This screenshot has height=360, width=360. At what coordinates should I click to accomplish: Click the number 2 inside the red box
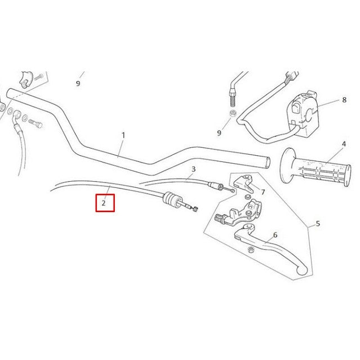[x=103, y=203]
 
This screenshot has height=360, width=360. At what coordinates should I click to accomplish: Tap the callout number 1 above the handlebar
[x=123, y=135]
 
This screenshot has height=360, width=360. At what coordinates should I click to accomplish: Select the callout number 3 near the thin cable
[x=193, y=169]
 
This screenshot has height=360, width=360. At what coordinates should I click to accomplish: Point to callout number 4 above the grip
[x=344, y=144]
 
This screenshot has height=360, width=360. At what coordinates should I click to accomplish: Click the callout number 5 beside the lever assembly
[x=318, y=223]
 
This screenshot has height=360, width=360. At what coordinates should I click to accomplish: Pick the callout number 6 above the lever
[x=275, y=235]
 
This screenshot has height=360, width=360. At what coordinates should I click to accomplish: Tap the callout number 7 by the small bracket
[x=263, y=192]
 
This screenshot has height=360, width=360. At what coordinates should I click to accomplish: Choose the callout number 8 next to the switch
[x=344, y=100]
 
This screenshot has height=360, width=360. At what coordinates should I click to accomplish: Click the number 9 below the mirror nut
[x=219, y=133]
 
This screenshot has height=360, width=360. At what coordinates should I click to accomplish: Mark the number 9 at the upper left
[x=78, y=84]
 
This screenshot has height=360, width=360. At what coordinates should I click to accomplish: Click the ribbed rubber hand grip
[x=316, y=166]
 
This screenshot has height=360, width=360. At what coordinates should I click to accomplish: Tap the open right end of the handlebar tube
[x=268, y=163]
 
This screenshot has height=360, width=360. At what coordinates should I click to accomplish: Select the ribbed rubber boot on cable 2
[x=173, y=199]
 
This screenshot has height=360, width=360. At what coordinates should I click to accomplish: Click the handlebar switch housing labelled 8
[x=303, y=114]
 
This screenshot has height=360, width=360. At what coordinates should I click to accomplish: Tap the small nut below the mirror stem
[x=233, y=114]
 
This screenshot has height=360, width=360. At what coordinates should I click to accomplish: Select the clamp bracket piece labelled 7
[x=244, y=183]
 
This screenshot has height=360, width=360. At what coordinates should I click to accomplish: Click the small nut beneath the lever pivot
[x=251, y=250]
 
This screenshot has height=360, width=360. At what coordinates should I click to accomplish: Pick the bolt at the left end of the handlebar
[x=35, y=123]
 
